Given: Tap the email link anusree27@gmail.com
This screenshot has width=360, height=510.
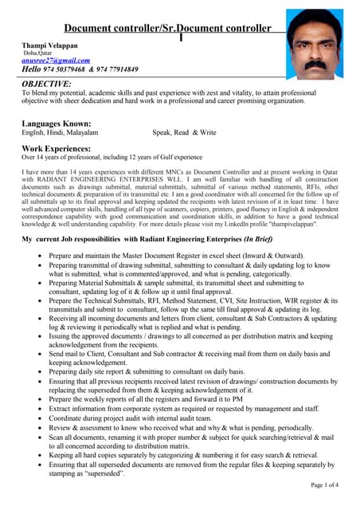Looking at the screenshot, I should coord(56,60).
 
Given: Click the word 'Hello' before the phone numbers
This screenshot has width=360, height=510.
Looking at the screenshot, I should coord(36,69).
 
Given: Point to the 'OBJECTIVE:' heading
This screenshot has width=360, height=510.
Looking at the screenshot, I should coord(46,83).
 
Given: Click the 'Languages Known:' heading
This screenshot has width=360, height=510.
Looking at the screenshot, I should coord(56,124).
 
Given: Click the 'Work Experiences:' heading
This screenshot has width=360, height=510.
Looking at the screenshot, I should coord(56,148).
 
